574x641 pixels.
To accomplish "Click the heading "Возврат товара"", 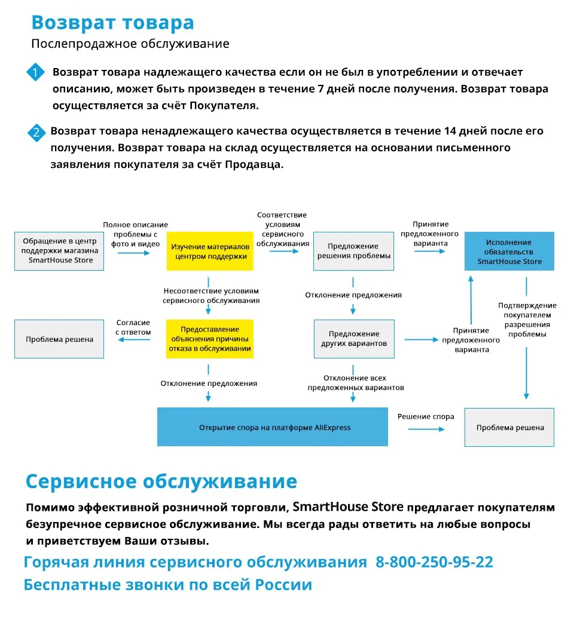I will pos(112,23).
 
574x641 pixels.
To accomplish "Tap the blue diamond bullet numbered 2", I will pos(37,132).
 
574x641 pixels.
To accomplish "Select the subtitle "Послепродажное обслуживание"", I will pos(130,44).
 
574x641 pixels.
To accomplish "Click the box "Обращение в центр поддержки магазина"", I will pos(59,252).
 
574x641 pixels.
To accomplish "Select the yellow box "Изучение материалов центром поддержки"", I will pos(210,252).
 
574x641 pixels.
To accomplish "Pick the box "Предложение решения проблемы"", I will pos(353,252).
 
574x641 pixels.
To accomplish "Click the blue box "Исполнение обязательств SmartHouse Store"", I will pos(509,252).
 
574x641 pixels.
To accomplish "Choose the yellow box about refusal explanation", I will pos(210,339).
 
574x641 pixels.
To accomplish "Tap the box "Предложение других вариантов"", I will pos(353,339).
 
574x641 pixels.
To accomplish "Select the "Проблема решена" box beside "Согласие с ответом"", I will pos(59,339).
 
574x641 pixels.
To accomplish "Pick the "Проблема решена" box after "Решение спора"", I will pos(509,427).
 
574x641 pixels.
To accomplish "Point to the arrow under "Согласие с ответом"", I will pos(133,340).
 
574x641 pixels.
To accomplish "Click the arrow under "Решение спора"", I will pos(426,428).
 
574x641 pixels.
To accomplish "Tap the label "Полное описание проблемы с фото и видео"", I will pos(135,234).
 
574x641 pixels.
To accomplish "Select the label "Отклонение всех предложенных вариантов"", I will pos(355,383).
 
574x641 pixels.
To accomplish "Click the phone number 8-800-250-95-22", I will pos(434,562).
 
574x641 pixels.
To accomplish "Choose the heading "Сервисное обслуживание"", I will pos(161,481).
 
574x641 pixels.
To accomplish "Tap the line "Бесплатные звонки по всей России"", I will pos(167,585).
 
